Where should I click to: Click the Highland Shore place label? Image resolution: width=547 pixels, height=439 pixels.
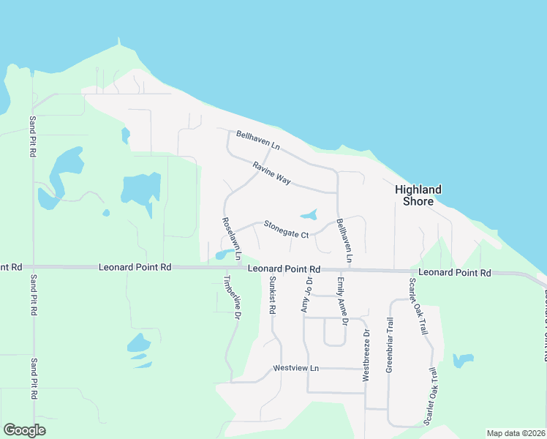pos(418,195)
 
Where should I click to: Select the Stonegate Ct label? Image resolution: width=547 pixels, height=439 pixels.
pos(287,229)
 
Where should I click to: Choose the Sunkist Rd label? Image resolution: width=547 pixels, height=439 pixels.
pos(271,295)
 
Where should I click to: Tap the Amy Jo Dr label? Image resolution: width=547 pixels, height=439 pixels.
pos(307,295)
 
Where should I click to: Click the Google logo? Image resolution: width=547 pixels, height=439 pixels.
pos(24,429)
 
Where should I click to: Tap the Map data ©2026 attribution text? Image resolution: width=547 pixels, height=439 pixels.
pos(516,433)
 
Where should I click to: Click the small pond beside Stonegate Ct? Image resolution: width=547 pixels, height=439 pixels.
pos(309,214)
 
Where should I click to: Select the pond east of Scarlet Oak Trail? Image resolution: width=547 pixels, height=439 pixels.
pos(463,360)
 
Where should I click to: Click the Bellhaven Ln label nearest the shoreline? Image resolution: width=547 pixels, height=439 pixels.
pos(258,140)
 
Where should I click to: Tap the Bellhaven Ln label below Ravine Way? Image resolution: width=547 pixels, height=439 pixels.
pos(343,241)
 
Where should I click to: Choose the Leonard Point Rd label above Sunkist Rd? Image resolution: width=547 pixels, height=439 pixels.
pos(284,269)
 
